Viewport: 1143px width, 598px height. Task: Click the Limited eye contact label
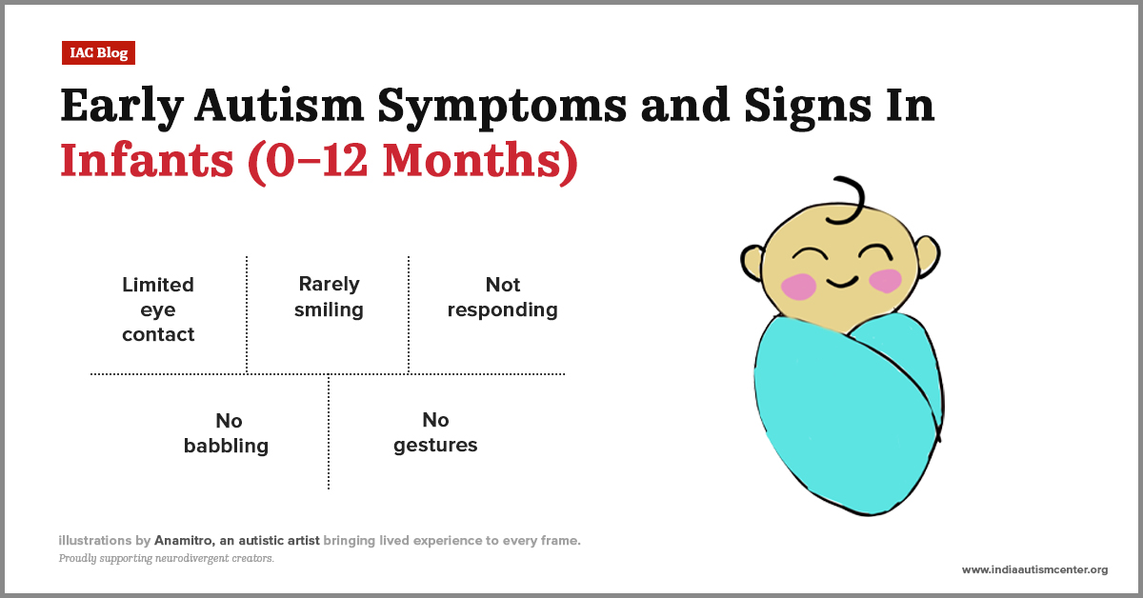tap(158, 309)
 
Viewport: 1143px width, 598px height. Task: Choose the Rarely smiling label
tap(329, 296)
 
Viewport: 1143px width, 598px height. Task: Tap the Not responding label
tap(502, 297)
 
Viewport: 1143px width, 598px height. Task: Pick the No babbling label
tap(227, 433)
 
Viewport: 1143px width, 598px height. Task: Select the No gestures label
tap(435, 432)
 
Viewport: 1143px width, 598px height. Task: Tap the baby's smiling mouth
tap(840, 282)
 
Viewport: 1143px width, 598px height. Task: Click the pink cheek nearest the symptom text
tap(798, 285)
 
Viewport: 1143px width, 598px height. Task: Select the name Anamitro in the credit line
tap(170, 541)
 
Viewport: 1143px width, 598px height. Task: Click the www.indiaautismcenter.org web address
tap(1034, 569)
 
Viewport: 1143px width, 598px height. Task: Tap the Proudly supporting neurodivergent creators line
tap(167, 559)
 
